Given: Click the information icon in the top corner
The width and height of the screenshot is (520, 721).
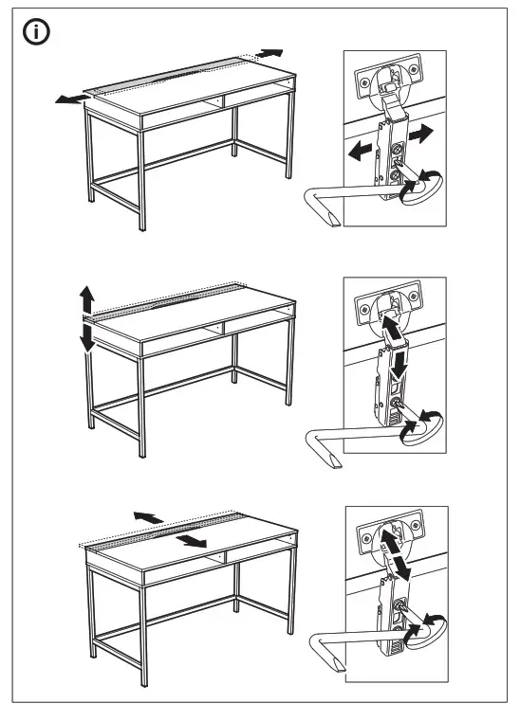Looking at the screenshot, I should click(x=37, y=32).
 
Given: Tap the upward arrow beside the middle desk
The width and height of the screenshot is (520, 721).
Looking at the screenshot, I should click(x=86, y=300).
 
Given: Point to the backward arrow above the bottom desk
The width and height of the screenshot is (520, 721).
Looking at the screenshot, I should click(x=146, y=515).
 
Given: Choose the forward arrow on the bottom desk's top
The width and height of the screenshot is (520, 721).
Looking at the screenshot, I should click(x=193, y=540).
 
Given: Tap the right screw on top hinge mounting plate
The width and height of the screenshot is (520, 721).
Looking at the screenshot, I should click(x=413, y=67).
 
